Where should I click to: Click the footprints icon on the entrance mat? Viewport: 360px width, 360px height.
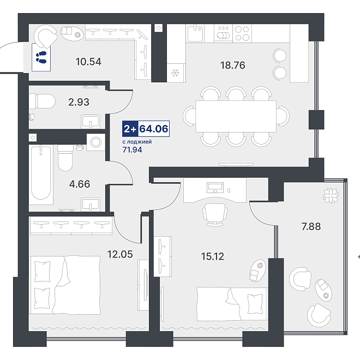[41, 57]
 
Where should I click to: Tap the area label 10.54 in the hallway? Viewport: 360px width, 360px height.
[88, 62]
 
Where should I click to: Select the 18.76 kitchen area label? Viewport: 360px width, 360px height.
[232, 65]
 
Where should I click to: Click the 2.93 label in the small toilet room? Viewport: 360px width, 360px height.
[79, 102]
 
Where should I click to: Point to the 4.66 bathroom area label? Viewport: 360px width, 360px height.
[80, 184]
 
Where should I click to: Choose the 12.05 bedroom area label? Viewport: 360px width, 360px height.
[120, 254]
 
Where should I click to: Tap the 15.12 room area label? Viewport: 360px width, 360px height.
[212, 256]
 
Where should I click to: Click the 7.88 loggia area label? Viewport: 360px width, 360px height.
[311, 226]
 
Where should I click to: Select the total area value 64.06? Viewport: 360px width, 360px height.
[154, 129]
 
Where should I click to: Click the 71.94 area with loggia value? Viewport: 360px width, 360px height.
[132, 149]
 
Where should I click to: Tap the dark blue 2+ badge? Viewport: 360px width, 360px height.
[130, 129]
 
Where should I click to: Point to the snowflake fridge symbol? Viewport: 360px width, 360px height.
[176, 73]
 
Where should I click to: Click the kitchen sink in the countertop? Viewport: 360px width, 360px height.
[195, 33]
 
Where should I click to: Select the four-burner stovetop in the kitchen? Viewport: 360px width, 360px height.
[242, 33]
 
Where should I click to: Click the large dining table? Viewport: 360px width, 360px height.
[236, 116]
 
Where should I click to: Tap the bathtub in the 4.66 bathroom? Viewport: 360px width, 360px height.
[41, 174]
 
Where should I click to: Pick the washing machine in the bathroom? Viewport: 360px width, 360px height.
[96, 142]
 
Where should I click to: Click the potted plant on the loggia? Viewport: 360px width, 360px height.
[331, 195]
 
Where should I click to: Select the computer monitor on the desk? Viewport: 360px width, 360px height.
[215, 187]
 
